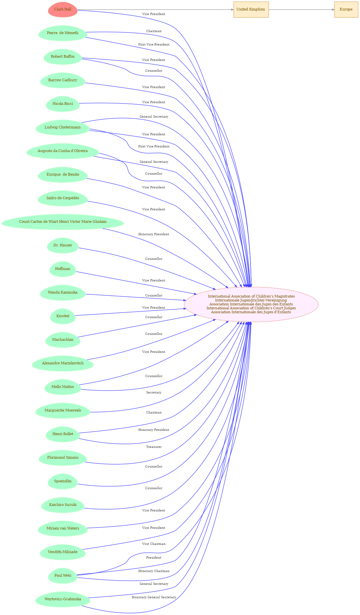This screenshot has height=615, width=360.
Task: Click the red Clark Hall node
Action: pyautogui.click(x=63, y=10)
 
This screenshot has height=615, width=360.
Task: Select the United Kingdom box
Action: pyautogui.click(x=251, y=10)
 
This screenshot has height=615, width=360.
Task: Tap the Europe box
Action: pyautogui.click(x=346, y=10)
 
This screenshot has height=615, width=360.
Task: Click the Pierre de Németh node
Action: pyautogui.click(x=63, y=33)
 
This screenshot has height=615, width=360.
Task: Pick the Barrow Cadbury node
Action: pyautogui.click(x=63, y=80)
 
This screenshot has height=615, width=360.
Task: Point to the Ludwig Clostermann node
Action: pyautogui.click(x=63, y=127)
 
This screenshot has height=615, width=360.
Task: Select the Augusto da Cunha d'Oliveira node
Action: pyautogui.click(x=63, y=151)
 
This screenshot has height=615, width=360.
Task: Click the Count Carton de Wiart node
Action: pyautogui.click(x=63, y=222)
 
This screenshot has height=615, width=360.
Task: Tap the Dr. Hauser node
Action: pyautogui.click(x=63, y=245)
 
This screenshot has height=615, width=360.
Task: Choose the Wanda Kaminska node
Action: pyautogui.click(x=63, y=293)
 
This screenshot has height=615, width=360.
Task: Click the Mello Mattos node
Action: pyautogui.click(x=63, y=387)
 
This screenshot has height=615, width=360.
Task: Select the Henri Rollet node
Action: pyautogui.click(x=63, y=434)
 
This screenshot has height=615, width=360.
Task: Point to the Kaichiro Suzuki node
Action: pyautogui.click(x=63, y=505)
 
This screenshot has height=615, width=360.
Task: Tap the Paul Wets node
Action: pyautogui.click(x=63, y=576)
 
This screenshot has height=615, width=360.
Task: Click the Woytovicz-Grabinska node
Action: pyautogui.click(x=63, y=599)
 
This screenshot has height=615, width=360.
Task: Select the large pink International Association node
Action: pyautogui.click(x=251, y=304)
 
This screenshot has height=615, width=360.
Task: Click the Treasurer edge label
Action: pyautogui.click(x=154, y=447)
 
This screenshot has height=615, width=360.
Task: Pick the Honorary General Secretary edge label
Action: pyautogui.click(x=154, y=597)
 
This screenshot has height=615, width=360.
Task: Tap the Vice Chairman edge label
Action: pyautogui.click(x=154, y=544)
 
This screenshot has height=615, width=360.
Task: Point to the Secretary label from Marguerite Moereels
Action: pyautogui.click(x=154, y=393)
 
